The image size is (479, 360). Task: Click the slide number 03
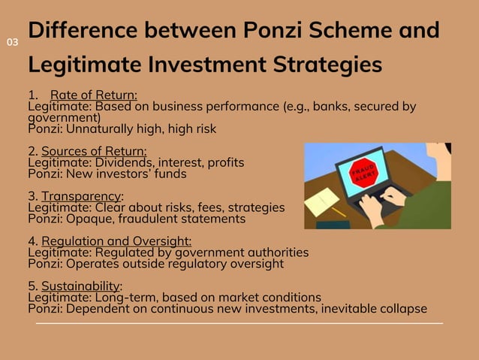point(12,42)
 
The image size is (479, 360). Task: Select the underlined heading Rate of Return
point(94,95)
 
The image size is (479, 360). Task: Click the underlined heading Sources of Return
point(94,151)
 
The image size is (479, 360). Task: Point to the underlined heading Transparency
point(82,196)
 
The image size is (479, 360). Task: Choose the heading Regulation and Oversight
point(116,241)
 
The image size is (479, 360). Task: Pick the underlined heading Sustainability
point(81,286)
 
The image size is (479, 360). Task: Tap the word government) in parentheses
point(64,118)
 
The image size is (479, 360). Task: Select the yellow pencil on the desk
point(333,212)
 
